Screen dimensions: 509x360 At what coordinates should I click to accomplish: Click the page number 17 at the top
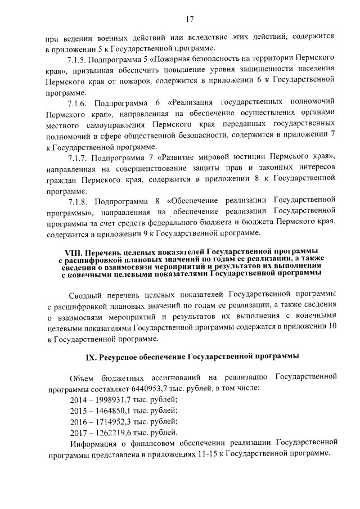coord(190,19)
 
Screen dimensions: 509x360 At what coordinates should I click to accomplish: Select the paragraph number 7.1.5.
coord(79,59)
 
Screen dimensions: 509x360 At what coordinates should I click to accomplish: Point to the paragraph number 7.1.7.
coord(79,156)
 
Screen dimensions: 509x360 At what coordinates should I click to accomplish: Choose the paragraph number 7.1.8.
coord(79,201)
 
